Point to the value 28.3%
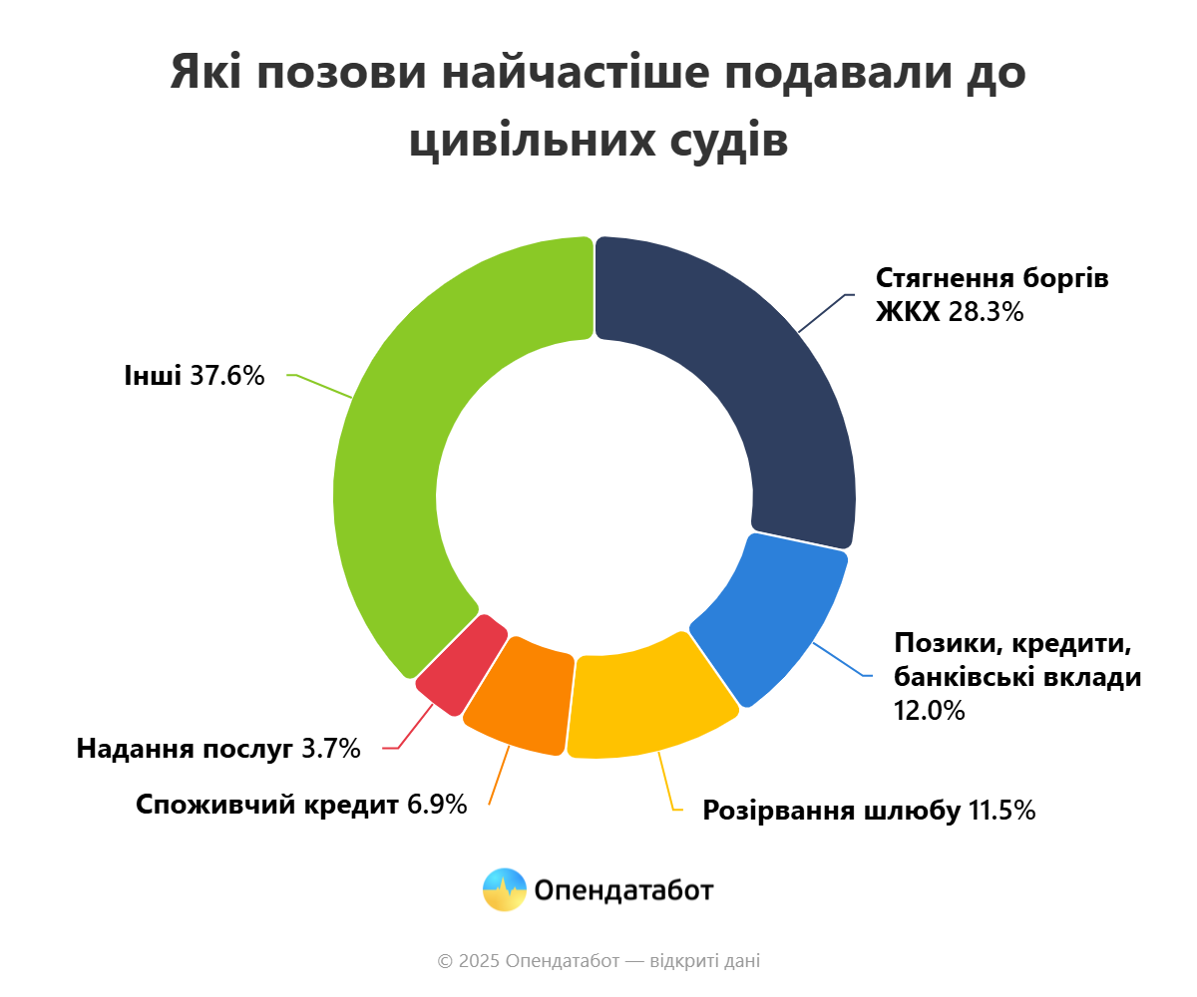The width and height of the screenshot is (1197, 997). coord(986,313)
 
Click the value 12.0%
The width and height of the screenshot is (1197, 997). coord(930,711)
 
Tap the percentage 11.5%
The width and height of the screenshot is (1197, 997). coord(1001,810)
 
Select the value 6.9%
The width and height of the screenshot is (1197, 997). coord(437,805)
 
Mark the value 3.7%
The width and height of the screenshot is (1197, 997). coord(330,749)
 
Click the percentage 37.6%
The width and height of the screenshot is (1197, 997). coord(226,376)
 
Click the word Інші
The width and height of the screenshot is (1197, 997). coord(153,376)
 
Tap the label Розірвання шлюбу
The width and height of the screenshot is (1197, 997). coord(830,810)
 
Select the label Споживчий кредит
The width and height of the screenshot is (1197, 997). coord(266,805)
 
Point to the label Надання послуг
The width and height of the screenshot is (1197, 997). coord(185,749)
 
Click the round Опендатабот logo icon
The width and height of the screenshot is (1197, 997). coord(504,889)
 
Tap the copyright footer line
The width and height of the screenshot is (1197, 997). coord(598,961)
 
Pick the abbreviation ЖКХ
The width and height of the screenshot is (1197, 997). coord(908,313)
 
